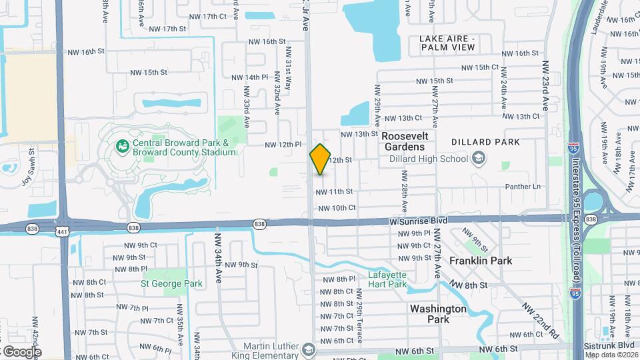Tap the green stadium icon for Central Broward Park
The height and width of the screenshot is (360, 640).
tap(122, 145)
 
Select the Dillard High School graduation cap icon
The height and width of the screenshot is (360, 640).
tap(477, 158)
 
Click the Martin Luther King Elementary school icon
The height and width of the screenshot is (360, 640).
tap(308, 349)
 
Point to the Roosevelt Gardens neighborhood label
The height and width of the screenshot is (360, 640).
tap(403, 141)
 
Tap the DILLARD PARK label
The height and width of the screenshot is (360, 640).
tap(485, 142)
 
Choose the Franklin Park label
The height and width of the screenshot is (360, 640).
tap(481, 261)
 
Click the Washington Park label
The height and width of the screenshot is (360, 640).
tap(438, 314)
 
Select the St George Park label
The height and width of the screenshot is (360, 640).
tap(171, 283)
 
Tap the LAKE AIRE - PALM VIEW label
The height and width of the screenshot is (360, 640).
tap(447, 43)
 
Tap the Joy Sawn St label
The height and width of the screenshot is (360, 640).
tap(31, 160)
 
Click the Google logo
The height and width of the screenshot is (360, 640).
tap(21, 351)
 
